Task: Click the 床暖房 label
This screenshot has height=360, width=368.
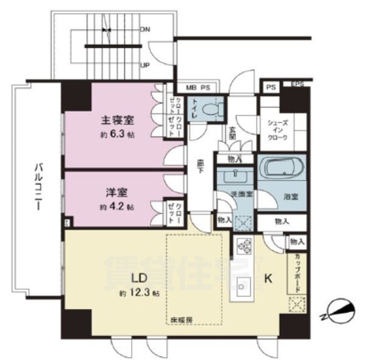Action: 179,319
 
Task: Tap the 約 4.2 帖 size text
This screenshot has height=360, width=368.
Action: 119,205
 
